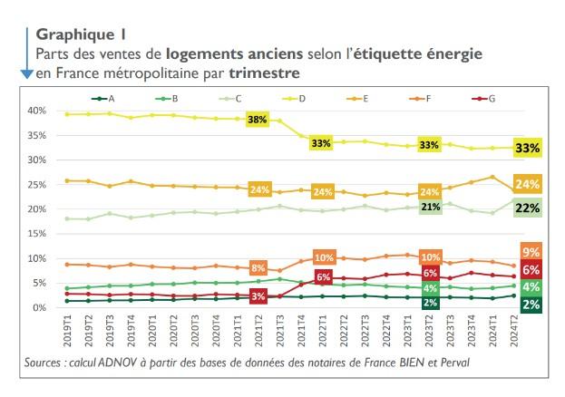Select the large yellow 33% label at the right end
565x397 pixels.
tap(528, 148)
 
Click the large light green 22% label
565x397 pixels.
tap(528, 208)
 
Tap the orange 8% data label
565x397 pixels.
tap(257, 267)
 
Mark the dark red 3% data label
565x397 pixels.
tap(257, 296)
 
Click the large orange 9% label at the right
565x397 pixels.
tap(531, 251)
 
